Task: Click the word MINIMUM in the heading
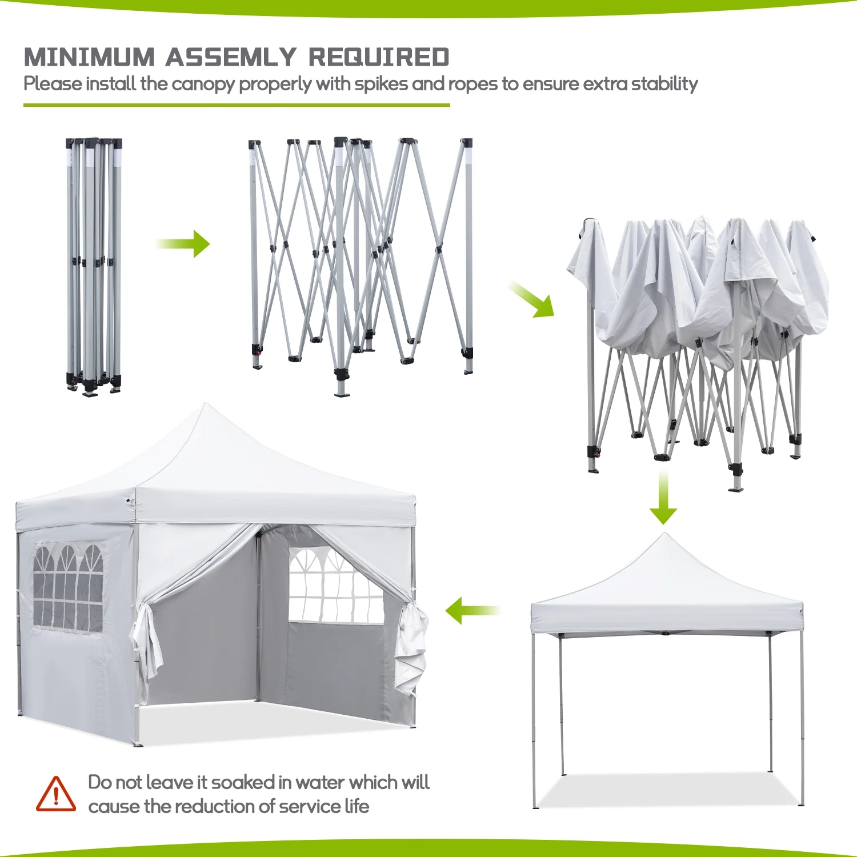pyautogui.click(x=89, y=57)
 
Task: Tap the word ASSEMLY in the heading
pyautogui.click(x=231, y=57)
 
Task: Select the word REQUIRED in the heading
pyautogui.click(x=379, y=57)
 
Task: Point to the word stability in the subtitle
pyautogui.click(x=664, y=84)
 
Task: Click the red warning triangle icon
pyautogui.click(x=55, y=794)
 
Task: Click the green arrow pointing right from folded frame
pyautogui.click(x=184, y=244)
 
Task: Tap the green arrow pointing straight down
pyautogui.click(x=663, y=499)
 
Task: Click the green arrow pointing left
pyautogui.click(x=472, y=610)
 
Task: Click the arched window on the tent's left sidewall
pyautogui.click(x=68, y=588)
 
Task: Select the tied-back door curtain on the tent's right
pyautogui.click(x=411, y=646)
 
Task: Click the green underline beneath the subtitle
pyautogui.click(x=237, y=105)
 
